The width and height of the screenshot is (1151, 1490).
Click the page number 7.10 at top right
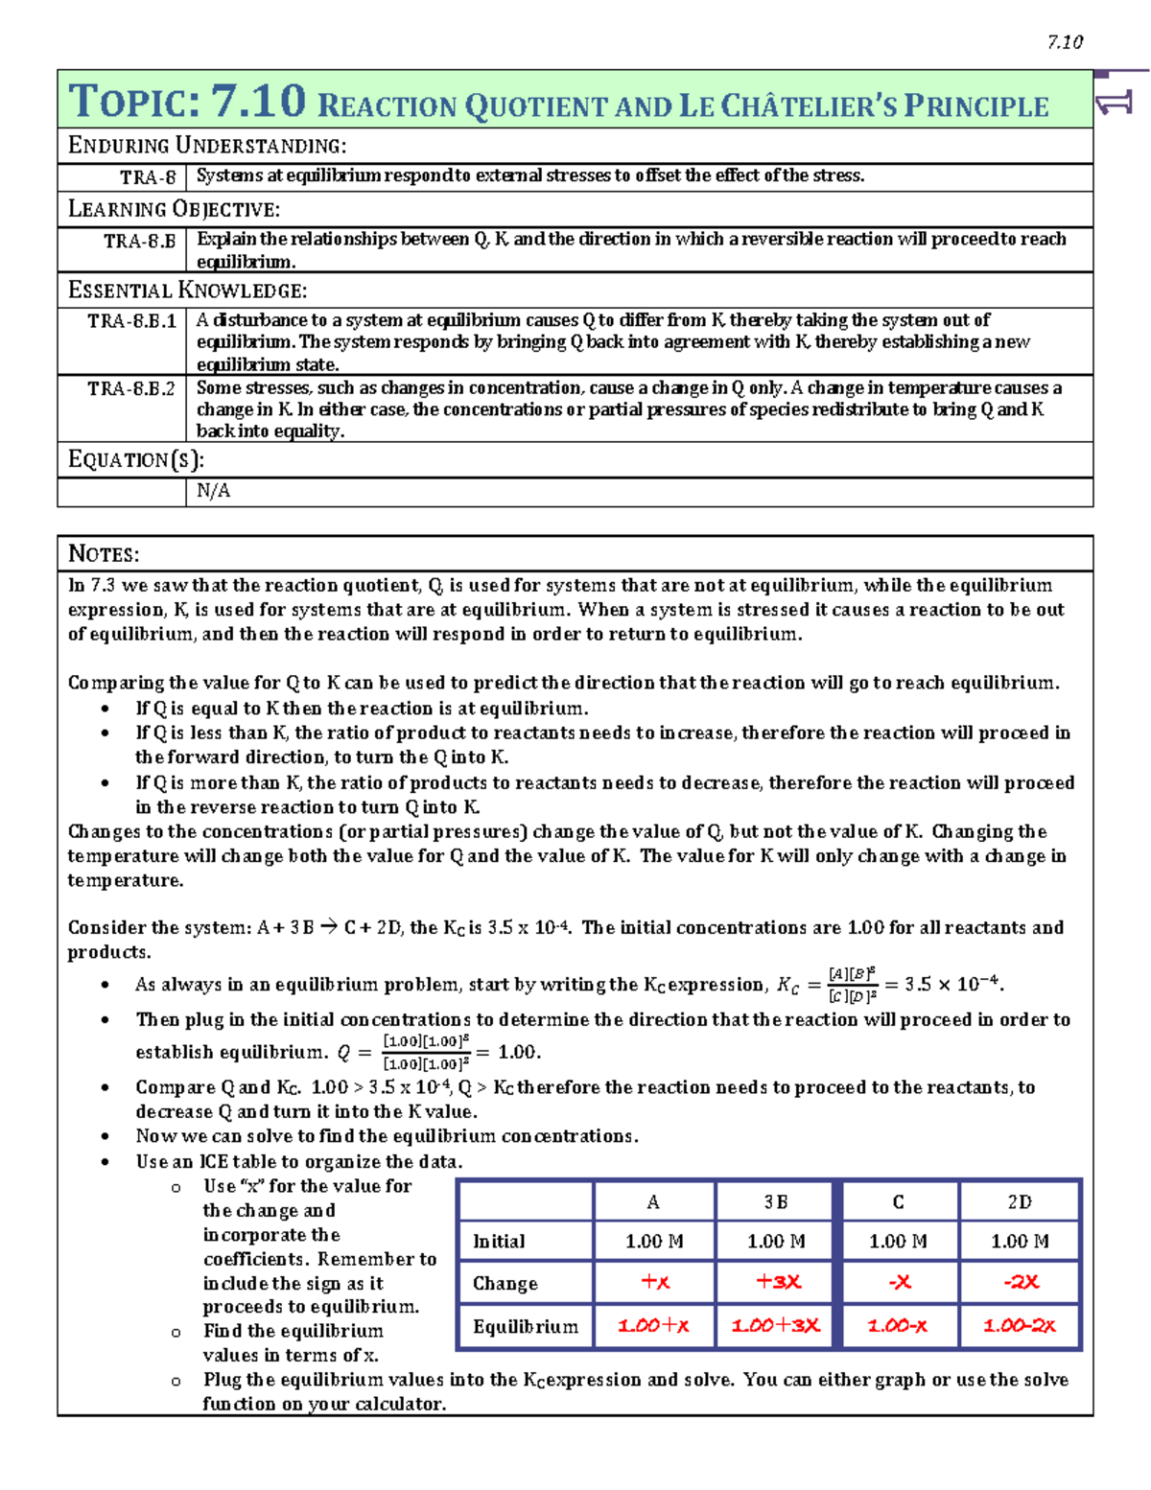pyautogui.click(x=1065, y=42)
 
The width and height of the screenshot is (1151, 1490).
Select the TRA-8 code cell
pyautogui.click(x=148, y=177)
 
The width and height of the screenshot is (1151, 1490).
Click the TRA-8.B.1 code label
pyautogui.click(x=131, y=321)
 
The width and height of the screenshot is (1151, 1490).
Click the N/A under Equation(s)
pyautogui.click(x=213, y=491)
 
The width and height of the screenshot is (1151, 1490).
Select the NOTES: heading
pyautogui.click(x=104, y=554)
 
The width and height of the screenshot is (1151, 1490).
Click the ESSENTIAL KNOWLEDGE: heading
pyautogui.click(x=187, y=291)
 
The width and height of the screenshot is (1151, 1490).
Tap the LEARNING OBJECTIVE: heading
pyautogui.click(x=174, y=209)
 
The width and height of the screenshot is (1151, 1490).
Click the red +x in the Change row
pyautogui.click(x=655, y=1282)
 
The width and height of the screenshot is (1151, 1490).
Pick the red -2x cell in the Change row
pyautogui.click(x=1021, y=1282)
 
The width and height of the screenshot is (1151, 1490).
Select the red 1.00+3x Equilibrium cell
pyautogui.click(x=776, y=1326)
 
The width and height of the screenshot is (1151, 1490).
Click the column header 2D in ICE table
pyautogui.click(x=1020, y=1202)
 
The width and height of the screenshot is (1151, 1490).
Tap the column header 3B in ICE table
pyautogui.click(x=776, y=1202)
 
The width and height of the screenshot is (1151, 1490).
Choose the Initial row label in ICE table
pyautogui.click(x=499, y=1242)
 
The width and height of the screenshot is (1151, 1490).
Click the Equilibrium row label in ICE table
pyautogui.click(x=525, y=1327)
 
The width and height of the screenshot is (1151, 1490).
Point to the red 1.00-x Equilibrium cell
pyautogui.click(x=898, y=1326)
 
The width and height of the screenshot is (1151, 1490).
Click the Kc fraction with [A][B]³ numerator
pyautogui.click(x=852, y=985)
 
